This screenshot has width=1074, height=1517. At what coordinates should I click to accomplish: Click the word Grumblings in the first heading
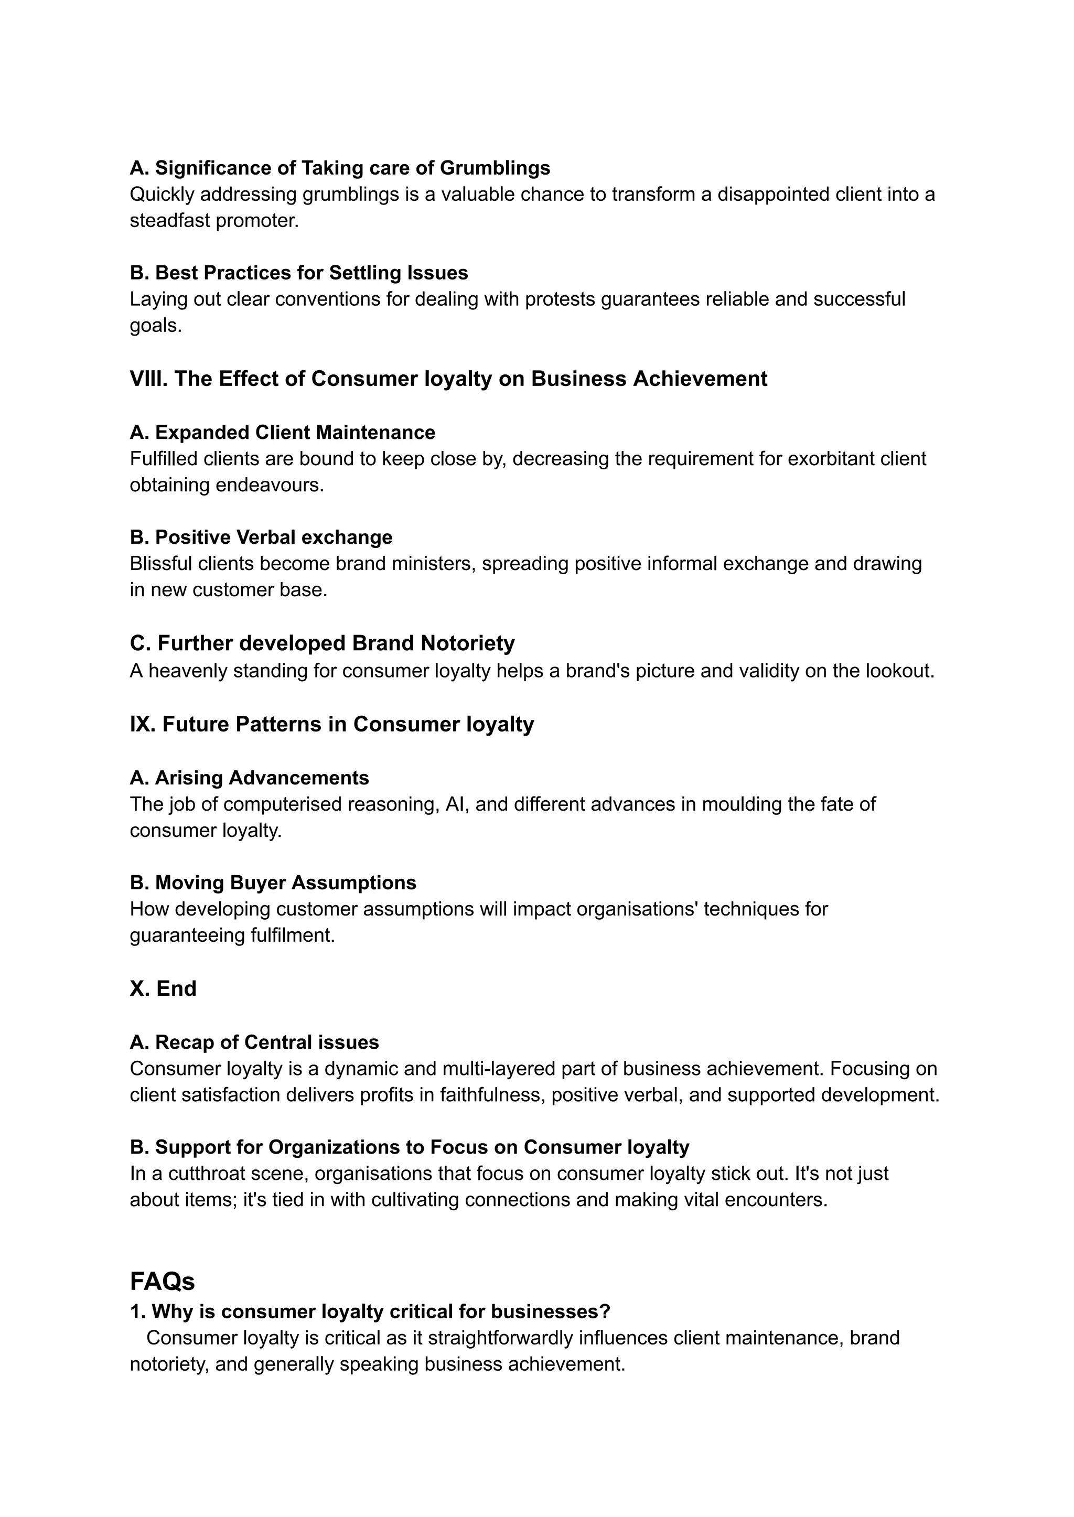coord(495,168)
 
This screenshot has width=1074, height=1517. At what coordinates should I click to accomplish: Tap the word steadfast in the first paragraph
coord(170,221)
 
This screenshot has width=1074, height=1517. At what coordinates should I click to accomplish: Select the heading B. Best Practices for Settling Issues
coord(299,273)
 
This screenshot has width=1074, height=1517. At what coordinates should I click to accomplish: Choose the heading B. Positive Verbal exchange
coord(261,537)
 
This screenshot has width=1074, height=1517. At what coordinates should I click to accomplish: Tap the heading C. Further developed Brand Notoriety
coord(322,643)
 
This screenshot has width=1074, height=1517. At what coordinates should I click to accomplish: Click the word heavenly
coord(187,671)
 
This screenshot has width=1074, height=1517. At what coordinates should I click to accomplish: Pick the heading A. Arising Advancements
coord(249,778)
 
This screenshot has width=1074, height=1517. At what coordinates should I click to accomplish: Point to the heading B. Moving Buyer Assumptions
coord(273,883)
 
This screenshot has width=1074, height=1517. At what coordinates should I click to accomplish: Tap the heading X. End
coord(163,988)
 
